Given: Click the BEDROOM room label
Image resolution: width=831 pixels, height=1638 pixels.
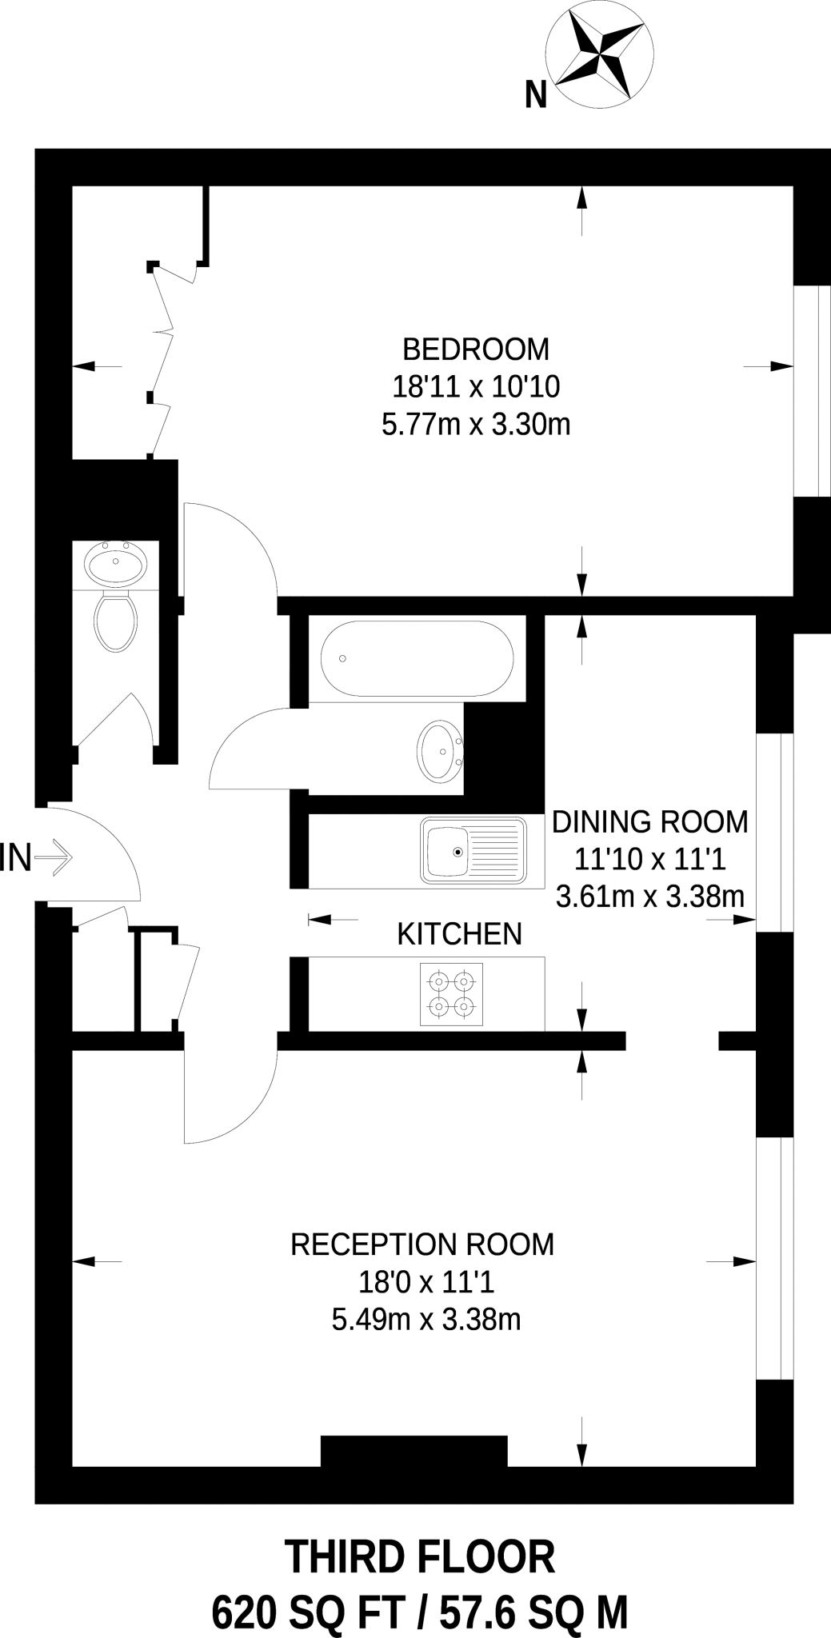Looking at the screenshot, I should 476,350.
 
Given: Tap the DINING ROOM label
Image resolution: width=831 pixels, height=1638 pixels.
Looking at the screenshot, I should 650,822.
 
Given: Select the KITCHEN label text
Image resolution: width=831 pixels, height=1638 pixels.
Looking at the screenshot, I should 459,933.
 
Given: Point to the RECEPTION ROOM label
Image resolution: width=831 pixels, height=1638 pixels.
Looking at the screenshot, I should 422,1244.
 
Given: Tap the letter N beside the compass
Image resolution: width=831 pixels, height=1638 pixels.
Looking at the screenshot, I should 536,97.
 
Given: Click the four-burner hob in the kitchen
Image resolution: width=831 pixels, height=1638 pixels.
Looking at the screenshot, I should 451,993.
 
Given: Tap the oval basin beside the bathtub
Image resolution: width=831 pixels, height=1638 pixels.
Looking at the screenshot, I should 439,751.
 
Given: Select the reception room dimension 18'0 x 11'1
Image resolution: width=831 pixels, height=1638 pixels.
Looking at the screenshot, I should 426,1283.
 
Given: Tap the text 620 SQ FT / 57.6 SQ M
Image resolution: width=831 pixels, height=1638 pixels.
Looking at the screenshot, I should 419,1609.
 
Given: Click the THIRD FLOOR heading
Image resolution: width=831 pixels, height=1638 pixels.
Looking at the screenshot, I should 420,1558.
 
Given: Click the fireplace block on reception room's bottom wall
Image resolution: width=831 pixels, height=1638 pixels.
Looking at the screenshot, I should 414,1450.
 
